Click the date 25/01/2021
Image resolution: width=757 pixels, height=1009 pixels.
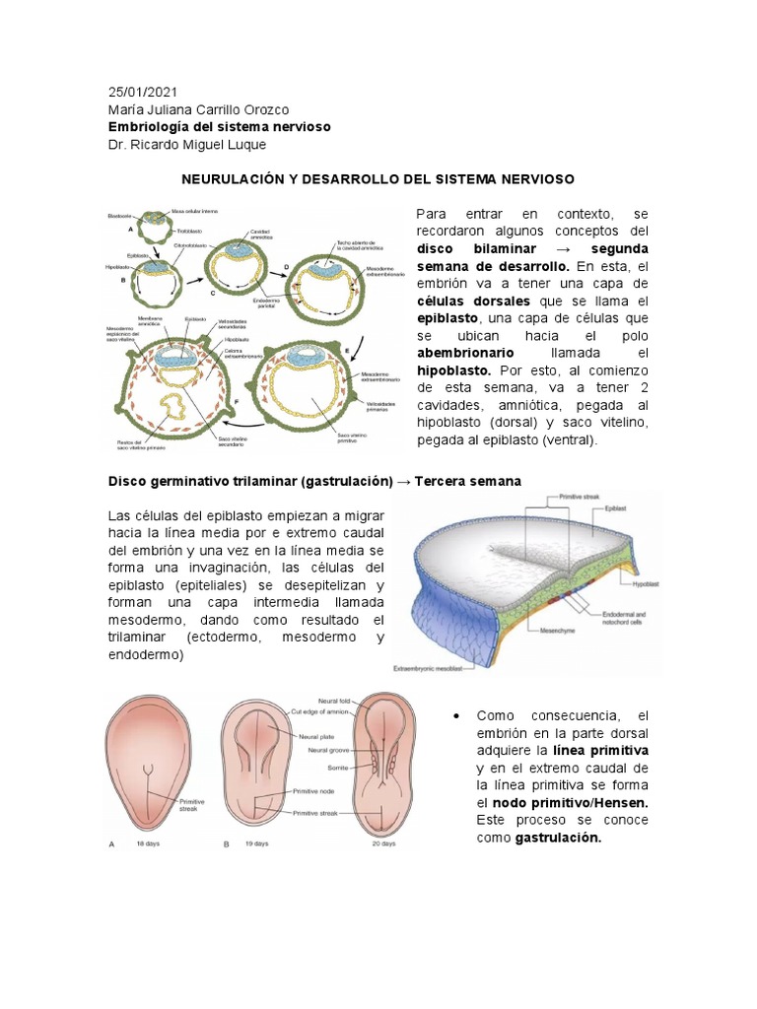143,92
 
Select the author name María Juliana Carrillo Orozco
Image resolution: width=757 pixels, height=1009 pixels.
198,109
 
